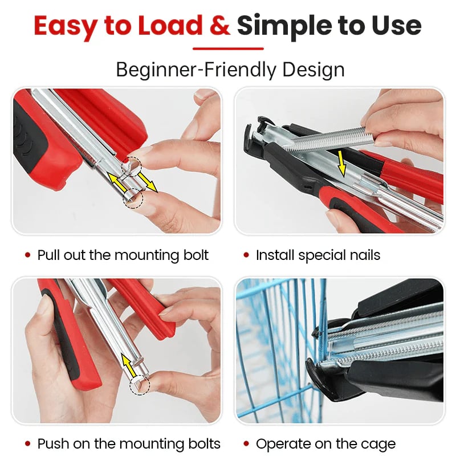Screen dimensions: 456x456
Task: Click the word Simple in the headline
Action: click(284, 27)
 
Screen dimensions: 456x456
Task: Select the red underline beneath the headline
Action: click(229, 48)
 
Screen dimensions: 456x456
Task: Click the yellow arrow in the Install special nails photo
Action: click(341, 163)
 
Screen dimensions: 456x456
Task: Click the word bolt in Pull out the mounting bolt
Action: click(196, 255)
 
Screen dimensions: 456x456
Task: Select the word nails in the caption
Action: click(365, 255)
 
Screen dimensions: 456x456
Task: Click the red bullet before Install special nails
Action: click(246, 255)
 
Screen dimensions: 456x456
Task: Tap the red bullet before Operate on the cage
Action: click(246, 444)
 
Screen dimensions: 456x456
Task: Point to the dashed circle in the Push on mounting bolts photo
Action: click(140, 385)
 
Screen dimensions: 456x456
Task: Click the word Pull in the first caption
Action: click(49, 255)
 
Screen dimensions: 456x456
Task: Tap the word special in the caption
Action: click(322, 255)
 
